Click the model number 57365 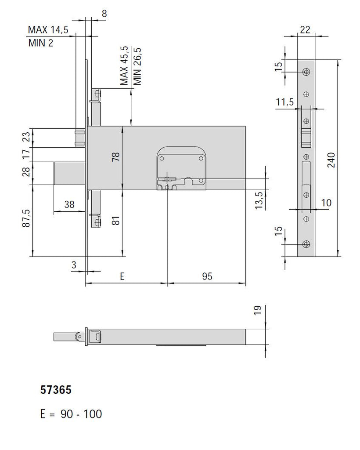click(55, 390)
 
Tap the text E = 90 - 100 click(71, 414)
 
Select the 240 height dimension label click(331, 161)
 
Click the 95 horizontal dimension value click(207, 276)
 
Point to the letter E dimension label click(122, 276)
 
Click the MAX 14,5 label click(48, 30)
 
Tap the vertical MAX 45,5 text click(125, 66)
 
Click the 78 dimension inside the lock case click(116, 157)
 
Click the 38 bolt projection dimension click(69, 204)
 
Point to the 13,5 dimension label click(259, 200)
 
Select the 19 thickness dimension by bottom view click(258, 311)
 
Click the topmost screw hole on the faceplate click(306, 72)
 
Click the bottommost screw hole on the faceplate click(306, 244)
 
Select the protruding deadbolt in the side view click(69, 174)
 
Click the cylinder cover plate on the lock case click(181, 168)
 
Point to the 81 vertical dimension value click(116, 220)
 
